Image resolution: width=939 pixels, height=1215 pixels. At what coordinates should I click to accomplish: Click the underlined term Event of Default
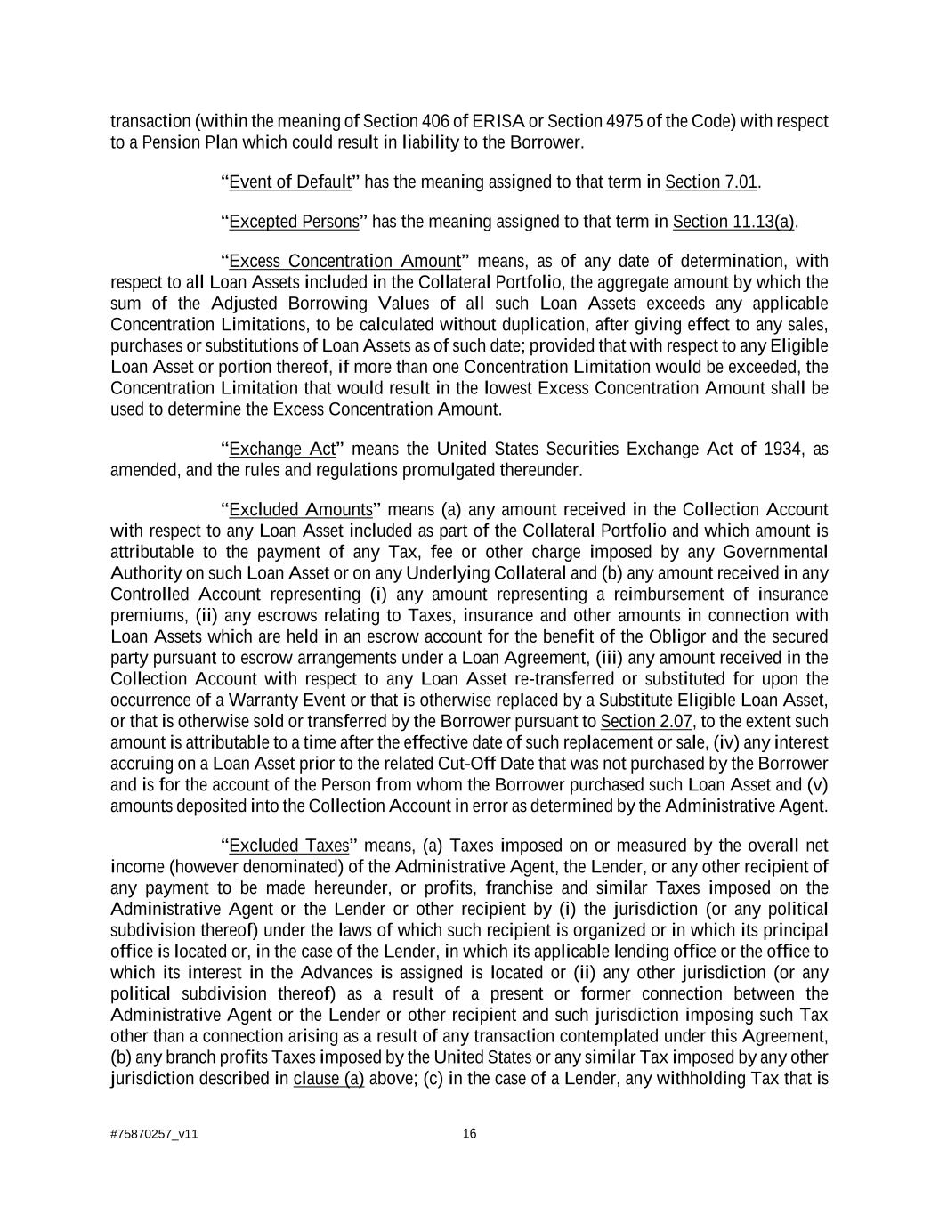coord(290,182)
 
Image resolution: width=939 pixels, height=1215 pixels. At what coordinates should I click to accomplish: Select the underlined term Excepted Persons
coord(294,222)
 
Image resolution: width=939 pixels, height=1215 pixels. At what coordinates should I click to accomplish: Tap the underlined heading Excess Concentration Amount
coord(344,261)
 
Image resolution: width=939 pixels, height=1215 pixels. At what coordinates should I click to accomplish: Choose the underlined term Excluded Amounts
coord(301,510)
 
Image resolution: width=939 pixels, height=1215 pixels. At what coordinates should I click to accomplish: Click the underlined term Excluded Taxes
coord(288,846)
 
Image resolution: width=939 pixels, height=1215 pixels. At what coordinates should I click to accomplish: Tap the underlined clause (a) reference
coord(328,1080)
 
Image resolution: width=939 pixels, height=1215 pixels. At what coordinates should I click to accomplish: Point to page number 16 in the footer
coord(470,1134)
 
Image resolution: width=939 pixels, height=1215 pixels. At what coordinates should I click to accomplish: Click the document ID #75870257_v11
coord(154,1135)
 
